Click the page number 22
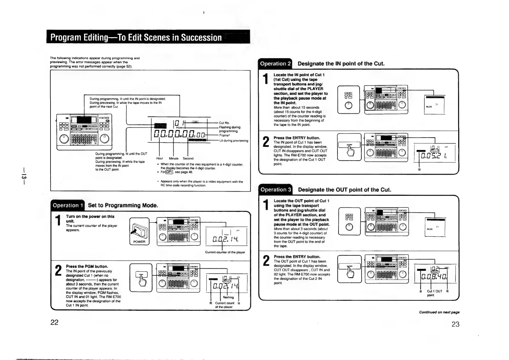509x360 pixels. coord(54,322)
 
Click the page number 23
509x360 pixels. coord(455,324)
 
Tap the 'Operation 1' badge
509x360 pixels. coord(68,206)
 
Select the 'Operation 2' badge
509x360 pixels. coord(275,63)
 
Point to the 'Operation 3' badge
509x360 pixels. coord(276,190)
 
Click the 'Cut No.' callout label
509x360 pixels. coord(224,123)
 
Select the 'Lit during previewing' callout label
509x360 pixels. coord(233,141)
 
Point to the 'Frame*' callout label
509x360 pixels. coord(224,136)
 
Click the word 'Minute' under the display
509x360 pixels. coord(174,158)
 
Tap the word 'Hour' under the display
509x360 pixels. coord(160,158)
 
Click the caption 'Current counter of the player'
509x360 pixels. coord(225,252)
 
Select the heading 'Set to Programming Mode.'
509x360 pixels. coord(123,206)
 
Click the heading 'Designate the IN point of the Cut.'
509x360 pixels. coord(341,63)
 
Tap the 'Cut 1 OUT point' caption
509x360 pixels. coord(434,293)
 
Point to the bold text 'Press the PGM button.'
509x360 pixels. coord(87,266)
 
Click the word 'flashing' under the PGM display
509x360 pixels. coord(228,297)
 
